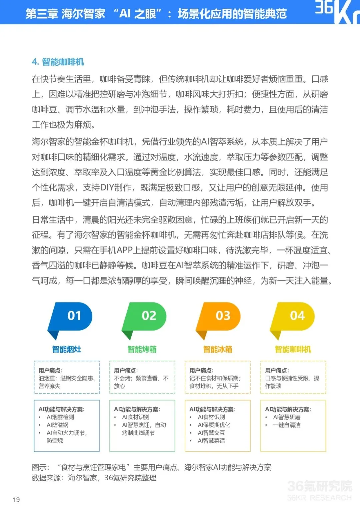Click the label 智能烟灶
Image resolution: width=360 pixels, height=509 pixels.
tap(67, 349)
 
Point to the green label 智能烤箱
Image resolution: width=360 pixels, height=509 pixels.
tap(142, 349)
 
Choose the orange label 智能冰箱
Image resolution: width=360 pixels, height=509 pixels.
tap(218, 349)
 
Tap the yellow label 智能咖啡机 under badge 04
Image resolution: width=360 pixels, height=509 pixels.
tap(293, 349)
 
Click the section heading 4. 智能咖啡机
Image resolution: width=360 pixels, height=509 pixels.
tap(58, 62)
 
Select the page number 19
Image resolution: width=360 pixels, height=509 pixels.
tap(16, 500)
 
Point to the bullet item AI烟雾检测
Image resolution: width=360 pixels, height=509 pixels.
tap(60, 417)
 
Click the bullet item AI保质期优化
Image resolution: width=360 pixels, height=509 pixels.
tap(214, 425)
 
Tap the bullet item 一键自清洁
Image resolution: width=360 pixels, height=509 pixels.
tap(287, 425)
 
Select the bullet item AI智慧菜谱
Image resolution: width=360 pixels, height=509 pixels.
tap(211, 441)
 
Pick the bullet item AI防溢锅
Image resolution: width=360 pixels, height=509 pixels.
tap(58, 425)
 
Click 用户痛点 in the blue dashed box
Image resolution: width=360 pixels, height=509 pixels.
tap(50, 370)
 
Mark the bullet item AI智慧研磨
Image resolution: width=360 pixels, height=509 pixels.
tap(287, 417)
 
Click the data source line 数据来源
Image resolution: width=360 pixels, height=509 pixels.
tap(94, 478)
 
